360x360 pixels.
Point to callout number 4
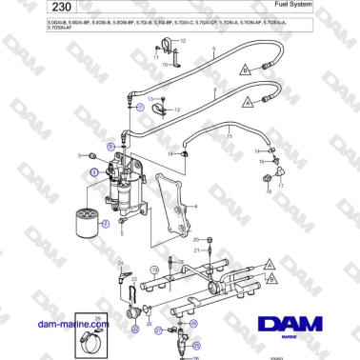pos(195,205)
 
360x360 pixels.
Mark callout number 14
pos(169,152)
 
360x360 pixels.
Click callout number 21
pos(195,250)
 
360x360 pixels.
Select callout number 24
pos(120,263)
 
